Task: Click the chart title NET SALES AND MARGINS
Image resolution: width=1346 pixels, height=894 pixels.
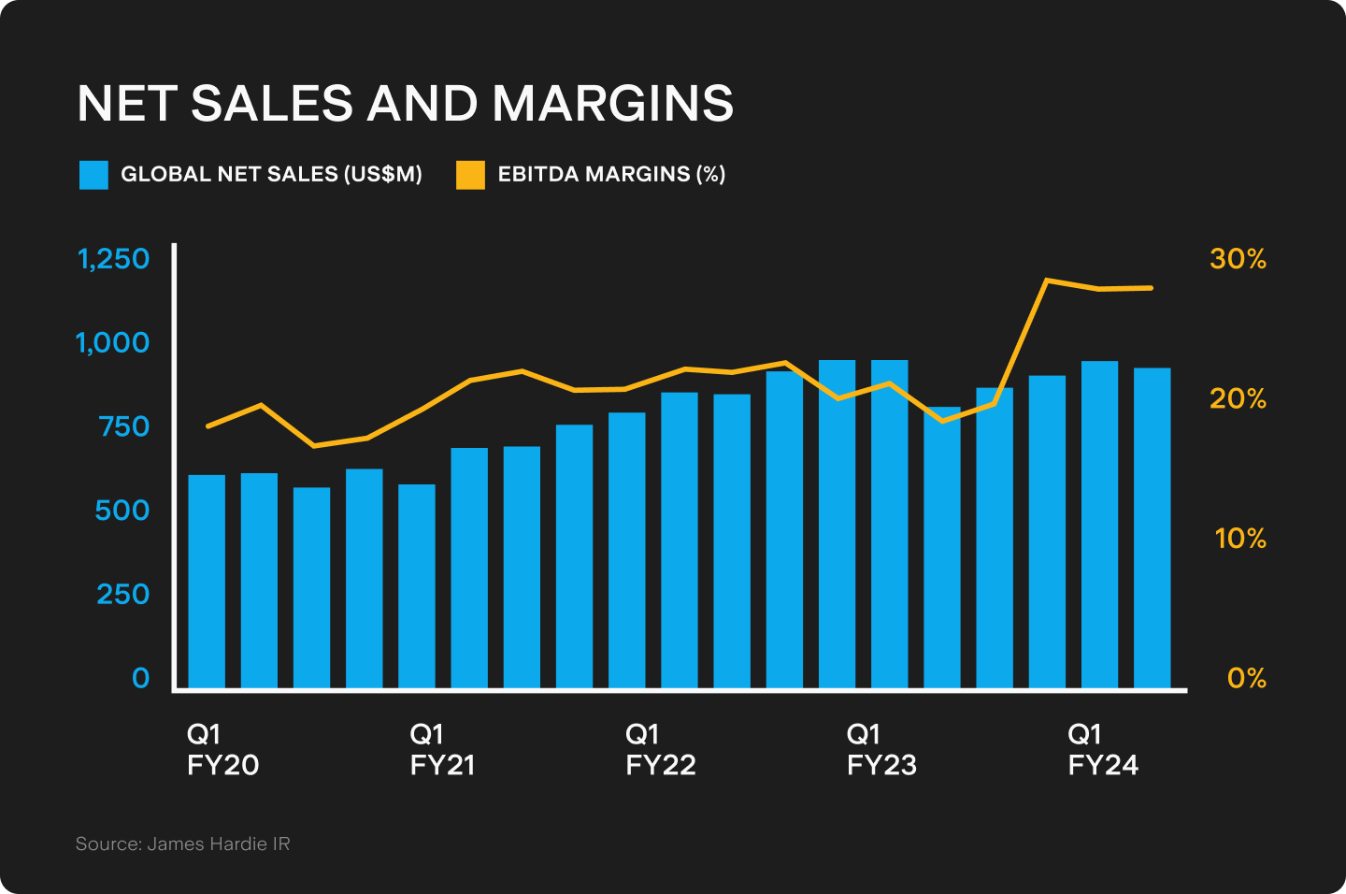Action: click(x=405, y=103)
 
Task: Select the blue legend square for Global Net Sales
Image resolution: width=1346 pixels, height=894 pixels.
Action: click(x=93, y=175)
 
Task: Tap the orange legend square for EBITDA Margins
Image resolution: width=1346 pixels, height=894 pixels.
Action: click(x=470, y=175)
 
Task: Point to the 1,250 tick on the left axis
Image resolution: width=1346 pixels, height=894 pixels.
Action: click(x=113, y=258)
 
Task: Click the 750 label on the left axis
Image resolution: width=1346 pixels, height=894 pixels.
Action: click(x=123, y=426)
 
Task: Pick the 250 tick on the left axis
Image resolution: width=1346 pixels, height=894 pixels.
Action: click(x=122, y=594)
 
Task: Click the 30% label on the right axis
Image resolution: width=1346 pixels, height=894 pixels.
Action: click(x=1238, y=258)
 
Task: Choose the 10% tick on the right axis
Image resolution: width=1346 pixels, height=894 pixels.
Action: click(x=1239, y=538)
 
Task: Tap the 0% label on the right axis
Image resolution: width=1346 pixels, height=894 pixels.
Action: click(x=1246, y=677)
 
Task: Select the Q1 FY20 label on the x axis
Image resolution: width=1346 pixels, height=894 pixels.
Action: click(x=222, y=749)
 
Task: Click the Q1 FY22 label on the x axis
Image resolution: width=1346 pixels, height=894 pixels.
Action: click(x=660, y=749)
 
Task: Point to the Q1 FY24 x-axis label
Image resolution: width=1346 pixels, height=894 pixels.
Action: click(x=1103, y=749)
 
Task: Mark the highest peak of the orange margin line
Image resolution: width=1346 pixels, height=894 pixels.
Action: click(x=1047, y=280)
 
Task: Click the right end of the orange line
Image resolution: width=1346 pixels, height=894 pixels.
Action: click(x=1152, y=288)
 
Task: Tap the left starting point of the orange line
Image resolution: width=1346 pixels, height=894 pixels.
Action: click(x=207, y=426)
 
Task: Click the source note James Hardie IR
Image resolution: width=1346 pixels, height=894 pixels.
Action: click(x=183, y=844)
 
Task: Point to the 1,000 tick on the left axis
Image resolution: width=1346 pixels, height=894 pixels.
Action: click(x=112, y=342)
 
